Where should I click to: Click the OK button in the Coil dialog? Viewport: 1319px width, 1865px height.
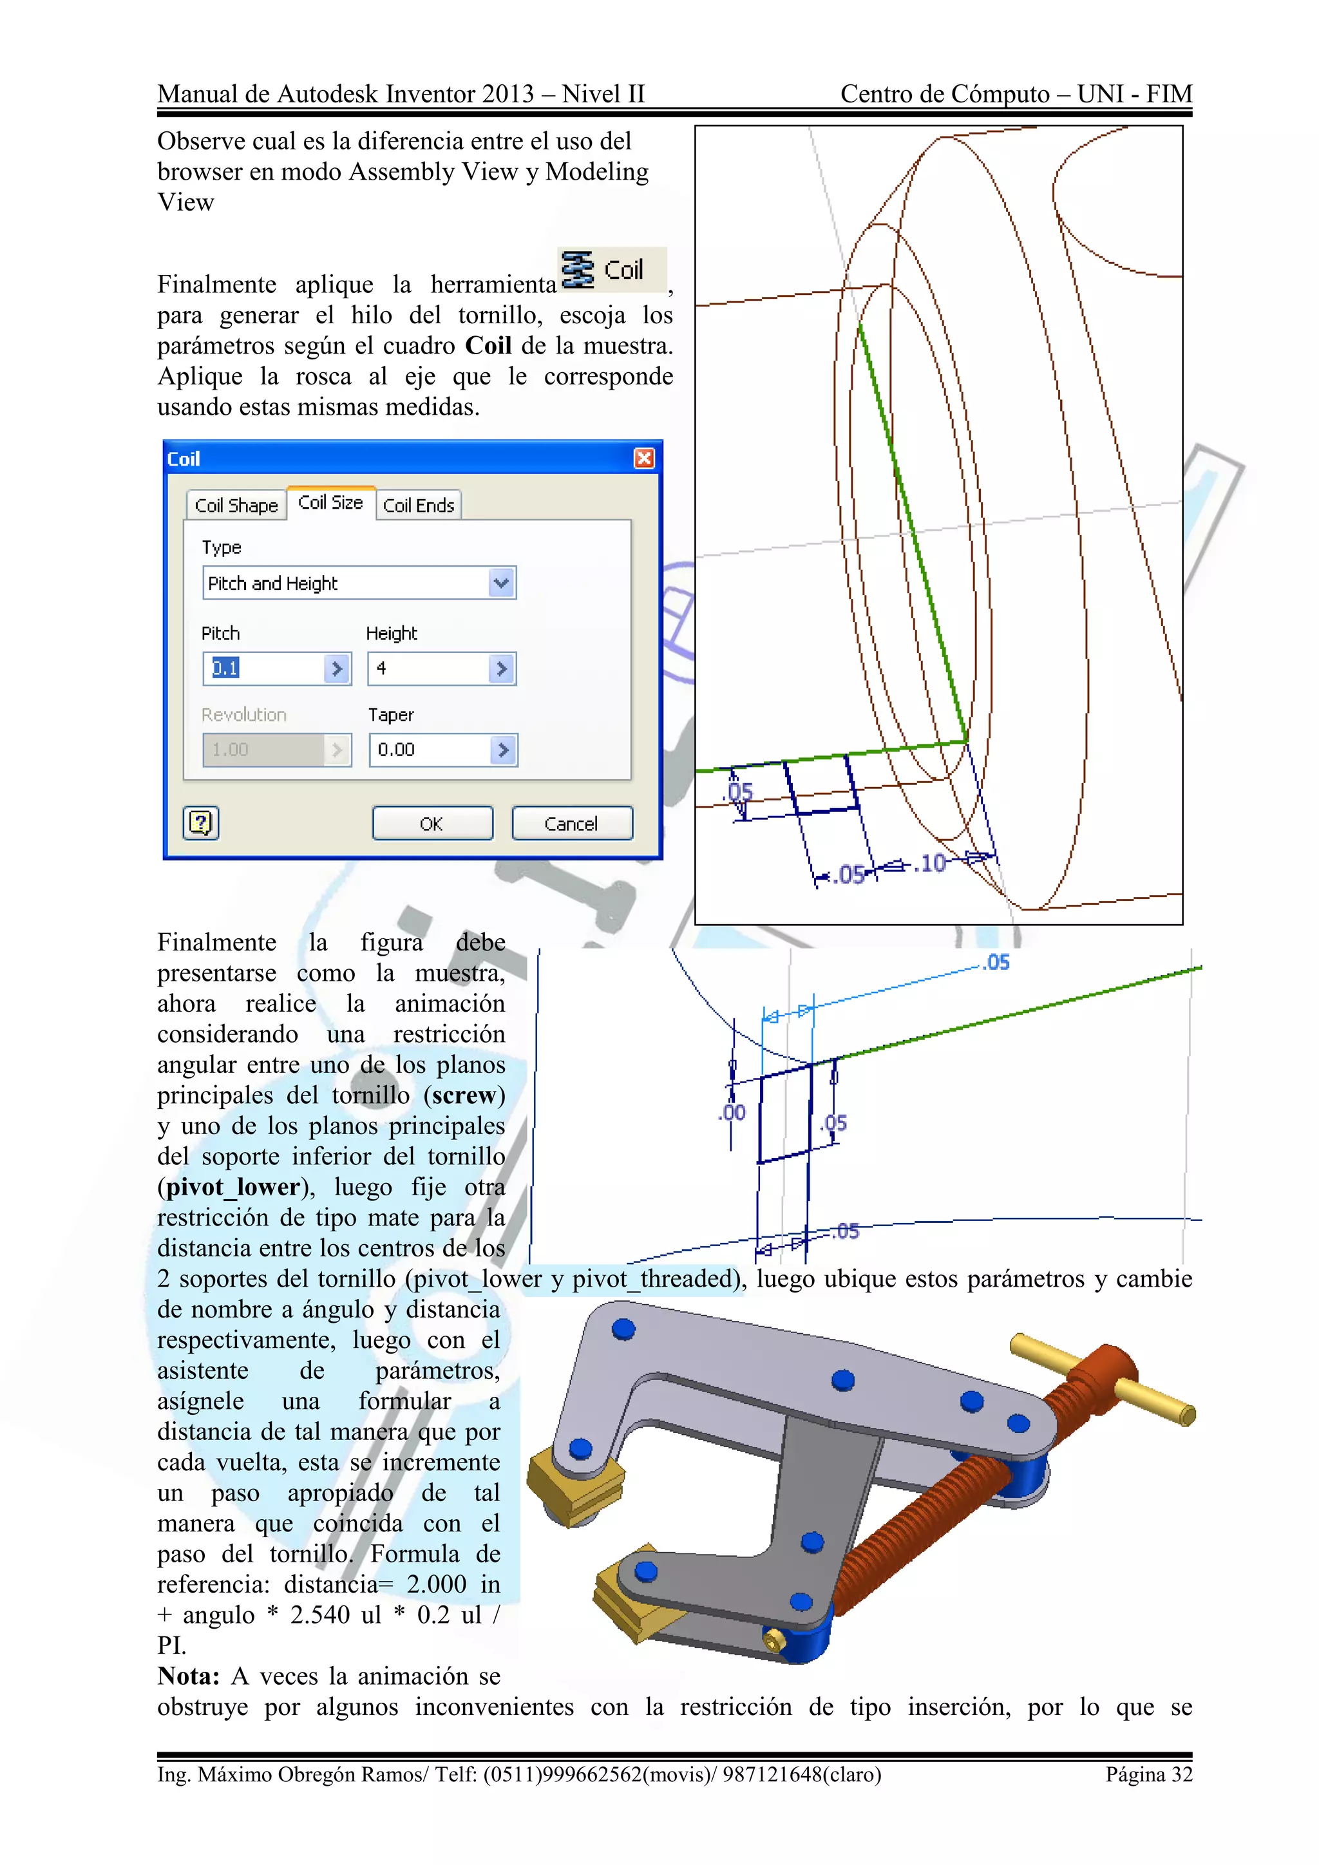pos(432,823)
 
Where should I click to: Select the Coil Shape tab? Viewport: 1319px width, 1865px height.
pos(236,506)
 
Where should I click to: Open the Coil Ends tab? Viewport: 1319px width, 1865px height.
pos(418,506)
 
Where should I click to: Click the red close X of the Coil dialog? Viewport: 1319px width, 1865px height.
pos(644,459)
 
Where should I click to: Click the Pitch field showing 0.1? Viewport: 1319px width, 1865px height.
pos(265,668)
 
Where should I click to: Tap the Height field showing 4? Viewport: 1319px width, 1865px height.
pos(428,668)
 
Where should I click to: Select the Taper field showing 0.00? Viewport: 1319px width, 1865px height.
pos(430,750)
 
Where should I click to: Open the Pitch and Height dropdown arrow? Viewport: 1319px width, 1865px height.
pos(501,583)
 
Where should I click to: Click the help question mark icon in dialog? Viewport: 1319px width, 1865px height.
pos(200,823)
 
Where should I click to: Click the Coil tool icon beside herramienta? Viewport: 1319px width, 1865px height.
pos(578,270)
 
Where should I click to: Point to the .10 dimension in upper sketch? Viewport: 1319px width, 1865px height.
pos(931,863)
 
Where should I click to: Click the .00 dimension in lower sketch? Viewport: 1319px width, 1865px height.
pos(732,1113)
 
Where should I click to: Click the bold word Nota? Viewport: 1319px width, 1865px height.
pos(189,1676)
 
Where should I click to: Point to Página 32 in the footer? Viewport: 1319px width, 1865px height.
pos(1148,1775)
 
